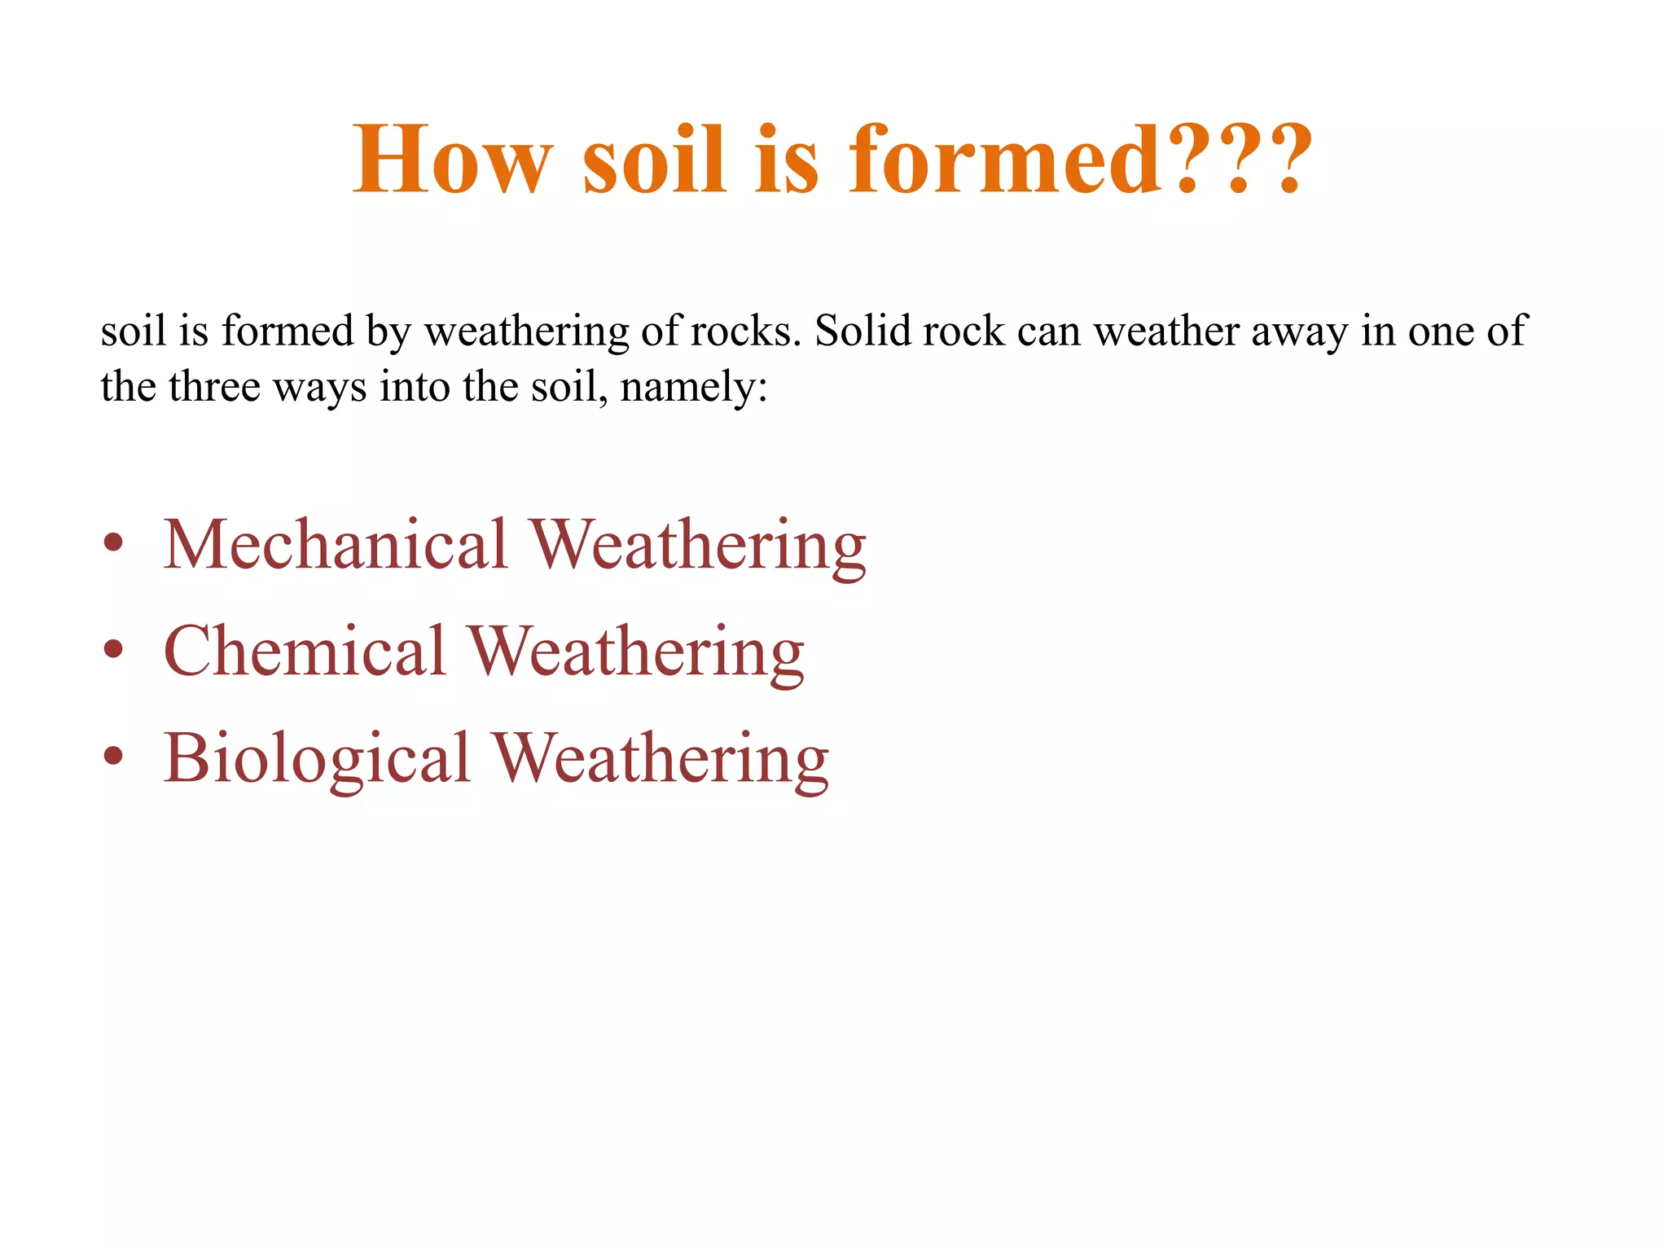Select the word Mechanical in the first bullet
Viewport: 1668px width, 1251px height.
pyautogui.click(x=336, y=544)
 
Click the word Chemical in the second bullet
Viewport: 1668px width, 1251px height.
pyautogui.click(x=305, y=651)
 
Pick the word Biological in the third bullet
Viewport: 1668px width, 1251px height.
pyautogui.click(x=317, y=757)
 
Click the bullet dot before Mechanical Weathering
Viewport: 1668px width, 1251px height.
pyautogui.click(x=113, y=543)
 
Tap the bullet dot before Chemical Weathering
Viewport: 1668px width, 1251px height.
pyautogui.click(x=113, y=650)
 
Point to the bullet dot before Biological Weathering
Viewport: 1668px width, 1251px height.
pyautogui.click(x=113, y=757)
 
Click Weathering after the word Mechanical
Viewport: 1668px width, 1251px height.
pyautogui.click(x=698, y=546)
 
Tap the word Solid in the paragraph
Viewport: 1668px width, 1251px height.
pyautogui.click(x=863, y=331)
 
